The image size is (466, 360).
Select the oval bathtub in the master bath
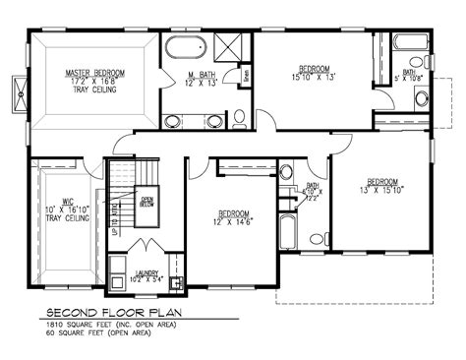pos(186,47)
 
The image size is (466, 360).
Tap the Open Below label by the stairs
pos(148,202)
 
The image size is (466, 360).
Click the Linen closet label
pos(245,73)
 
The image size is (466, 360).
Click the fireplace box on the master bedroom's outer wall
pos(17,87)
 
